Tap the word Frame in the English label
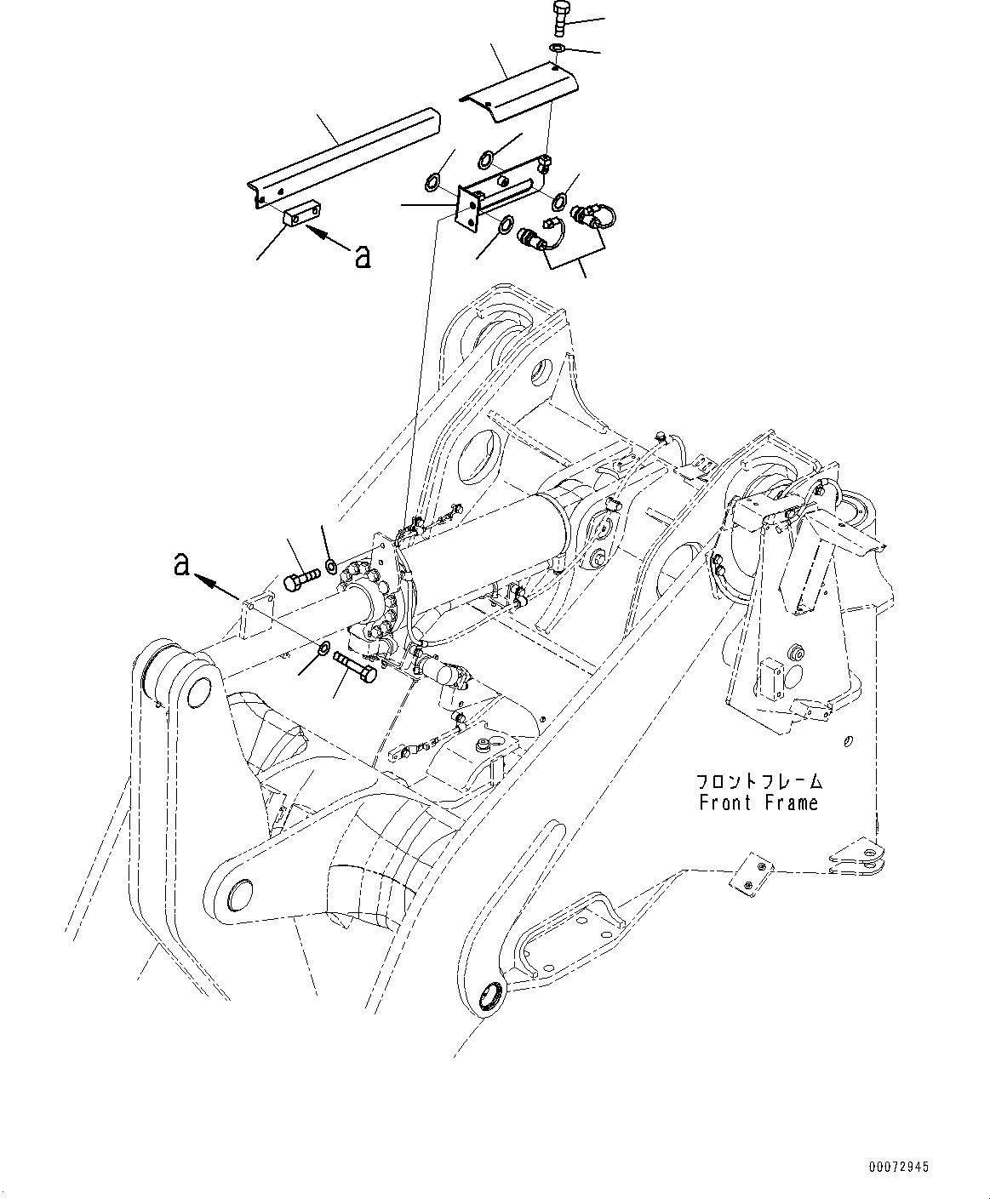click(x=791, y=802)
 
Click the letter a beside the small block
click(x=363, y=257)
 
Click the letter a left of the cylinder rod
click(x=180, y=562)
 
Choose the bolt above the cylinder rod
click(x=300, y=582)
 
